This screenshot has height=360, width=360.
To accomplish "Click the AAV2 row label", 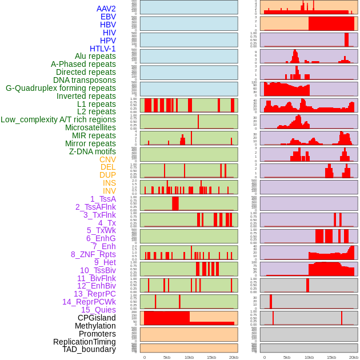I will (106, 9).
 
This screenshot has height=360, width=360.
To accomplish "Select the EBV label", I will (108, 17).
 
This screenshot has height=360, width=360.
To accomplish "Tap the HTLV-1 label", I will (103, 49).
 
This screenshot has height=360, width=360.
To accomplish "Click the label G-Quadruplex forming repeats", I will (61, 88).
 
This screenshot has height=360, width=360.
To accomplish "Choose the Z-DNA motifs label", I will (93, 151).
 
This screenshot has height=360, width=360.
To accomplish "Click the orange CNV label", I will (107, 159).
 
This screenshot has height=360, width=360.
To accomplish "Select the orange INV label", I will (109, 191).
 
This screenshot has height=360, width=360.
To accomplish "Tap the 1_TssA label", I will (103, 199).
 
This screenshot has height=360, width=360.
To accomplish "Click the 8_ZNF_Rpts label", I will (93, 254).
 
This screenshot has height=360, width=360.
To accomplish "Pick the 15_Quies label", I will (98, 310).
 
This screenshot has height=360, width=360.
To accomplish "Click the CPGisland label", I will (97, 318).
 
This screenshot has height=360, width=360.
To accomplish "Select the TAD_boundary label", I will (89, 349).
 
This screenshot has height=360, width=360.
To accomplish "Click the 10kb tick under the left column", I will (189, 357).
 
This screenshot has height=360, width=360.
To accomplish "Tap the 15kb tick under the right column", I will (331, 357).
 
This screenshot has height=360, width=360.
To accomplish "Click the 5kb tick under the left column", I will (167, 357).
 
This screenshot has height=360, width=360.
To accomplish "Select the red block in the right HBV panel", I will (331, 23).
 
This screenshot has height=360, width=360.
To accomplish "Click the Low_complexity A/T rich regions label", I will (58, 119).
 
